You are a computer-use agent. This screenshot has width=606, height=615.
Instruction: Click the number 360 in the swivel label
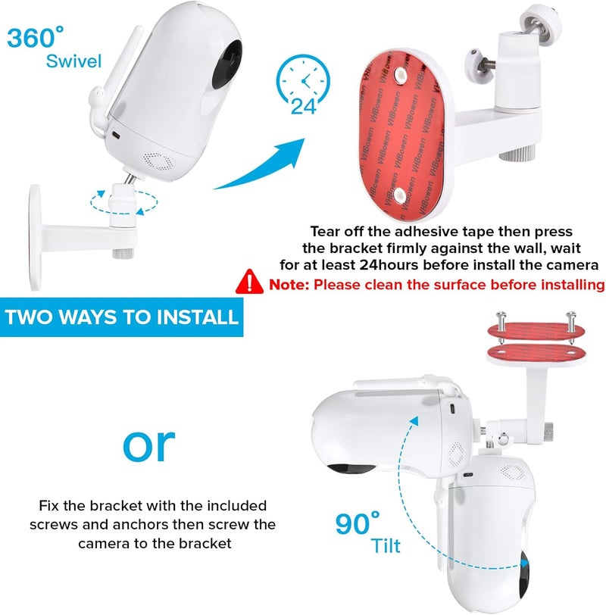(x=31, y=38)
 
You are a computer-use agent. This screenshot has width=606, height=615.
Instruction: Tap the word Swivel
(x=73, y=61)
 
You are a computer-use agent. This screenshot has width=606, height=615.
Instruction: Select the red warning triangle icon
(x=249, y=282)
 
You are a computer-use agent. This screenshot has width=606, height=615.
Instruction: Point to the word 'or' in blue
(x=148, y=445)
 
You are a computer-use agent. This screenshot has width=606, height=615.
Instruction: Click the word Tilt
(x=386, y=545)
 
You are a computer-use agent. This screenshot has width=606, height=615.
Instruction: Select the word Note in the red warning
(x=289, y=284)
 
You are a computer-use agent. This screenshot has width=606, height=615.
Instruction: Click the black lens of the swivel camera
(x=226, y=64)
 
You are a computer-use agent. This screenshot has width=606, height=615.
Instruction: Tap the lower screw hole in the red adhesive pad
(x=400, y=194)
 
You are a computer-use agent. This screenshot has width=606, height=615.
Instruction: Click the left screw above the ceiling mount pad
(x=501, y=323)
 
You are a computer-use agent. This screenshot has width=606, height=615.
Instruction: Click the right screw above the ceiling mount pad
(x=571, y=323)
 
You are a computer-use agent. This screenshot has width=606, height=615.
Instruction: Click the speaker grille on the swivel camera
(x=158, y=161)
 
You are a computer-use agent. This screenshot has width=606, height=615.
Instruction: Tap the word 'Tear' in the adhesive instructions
(x=325, y=232)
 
